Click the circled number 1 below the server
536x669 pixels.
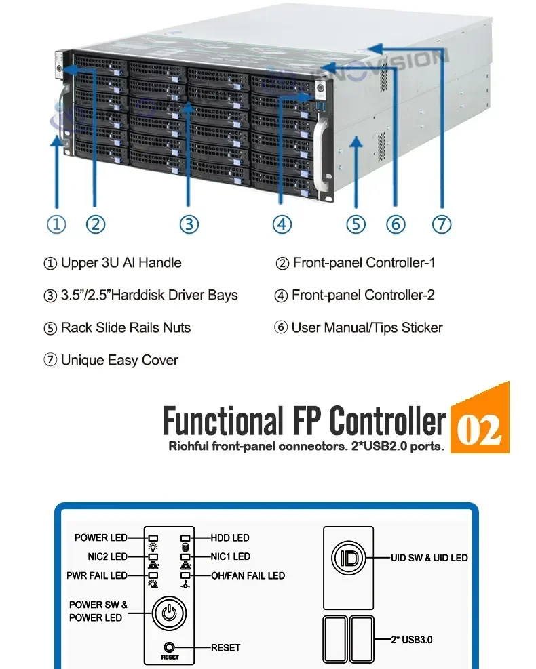pos(56,224)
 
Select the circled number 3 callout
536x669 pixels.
pos(189,224)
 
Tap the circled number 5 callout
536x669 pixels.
pos(356,224)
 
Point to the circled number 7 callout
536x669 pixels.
pos(442,224)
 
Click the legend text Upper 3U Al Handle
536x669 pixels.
pos(121,263)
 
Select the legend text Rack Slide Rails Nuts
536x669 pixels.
pos(126,328)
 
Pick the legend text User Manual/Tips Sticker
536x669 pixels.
pos(366,328)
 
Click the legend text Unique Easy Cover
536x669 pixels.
pos(119,361)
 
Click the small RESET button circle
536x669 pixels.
pos(169,647)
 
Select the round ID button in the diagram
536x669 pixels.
pos(348,559)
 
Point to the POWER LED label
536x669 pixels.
pos(100,538)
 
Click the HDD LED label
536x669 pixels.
pos(230,538)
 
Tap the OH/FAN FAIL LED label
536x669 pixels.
pos(248,576)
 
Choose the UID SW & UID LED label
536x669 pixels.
pos(429,559)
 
